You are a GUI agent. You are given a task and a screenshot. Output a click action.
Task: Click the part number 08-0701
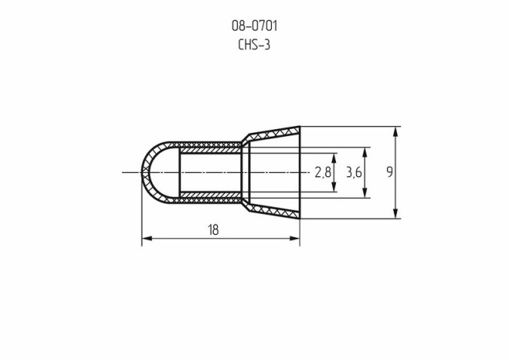pos(254,26)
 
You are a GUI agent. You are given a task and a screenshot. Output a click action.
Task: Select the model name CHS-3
pos(254,45)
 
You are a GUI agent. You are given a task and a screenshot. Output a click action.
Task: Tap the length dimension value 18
pos(213,229)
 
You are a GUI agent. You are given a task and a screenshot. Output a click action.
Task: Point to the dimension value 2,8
pos(322,172)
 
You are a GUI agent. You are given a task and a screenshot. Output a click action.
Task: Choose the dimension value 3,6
pos(354,172)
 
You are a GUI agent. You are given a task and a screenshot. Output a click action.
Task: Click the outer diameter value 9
pos(389,172)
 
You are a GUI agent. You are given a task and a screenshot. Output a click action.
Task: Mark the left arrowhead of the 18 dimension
pos(146,238)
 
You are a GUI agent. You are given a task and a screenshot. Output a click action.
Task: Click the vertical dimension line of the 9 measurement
pos(396,188)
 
